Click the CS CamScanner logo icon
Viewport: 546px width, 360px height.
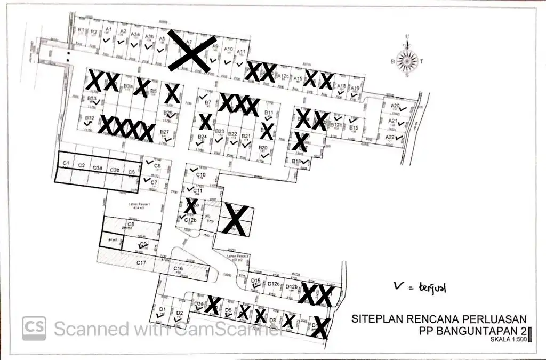click(x=34, y=328)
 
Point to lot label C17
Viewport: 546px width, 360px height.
click(x=141, y=262)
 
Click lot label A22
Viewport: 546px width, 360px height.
click(x=390, y=137)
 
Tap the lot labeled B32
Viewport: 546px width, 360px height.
click(x=90, y=118)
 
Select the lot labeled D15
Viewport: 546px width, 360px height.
click(x=255, y=281)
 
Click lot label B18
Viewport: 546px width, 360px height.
click(x=297, y=161)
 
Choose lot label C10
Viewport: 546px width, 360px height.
click(x=201, y=174)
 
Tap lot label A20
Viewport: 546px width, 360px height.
click(x=395, y=106)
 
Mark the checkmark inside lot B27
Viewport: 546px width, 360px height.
click(x=169, y=139)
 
